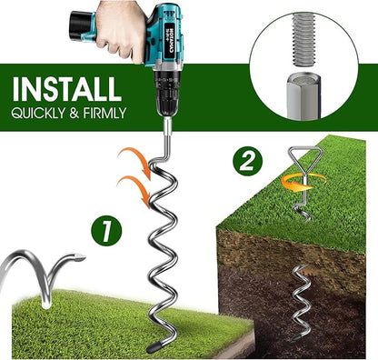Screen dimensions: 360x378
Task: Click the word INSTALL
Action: (65, 90)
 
